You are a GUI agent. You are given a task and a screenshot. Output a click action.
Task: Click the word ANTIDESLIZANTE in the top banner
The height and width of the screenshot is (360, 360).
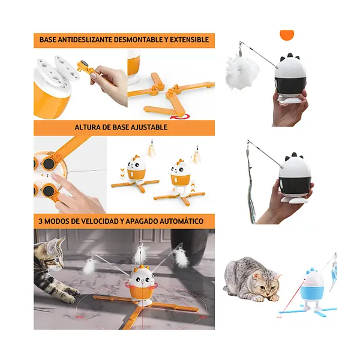(x=85, y=40)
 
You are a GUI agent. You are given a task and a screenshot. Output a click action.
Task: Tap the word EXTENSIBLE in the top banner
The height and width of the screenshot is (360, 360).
(x=189, y=40)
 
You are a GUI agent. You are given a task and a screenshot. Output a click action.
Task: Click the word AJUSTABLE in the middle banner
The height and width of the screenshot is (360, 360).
(x=149, y=127)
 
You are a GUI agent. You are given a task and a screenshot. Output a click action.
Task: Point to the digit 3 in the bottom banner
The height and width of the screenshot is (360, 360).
(x=41, y=221)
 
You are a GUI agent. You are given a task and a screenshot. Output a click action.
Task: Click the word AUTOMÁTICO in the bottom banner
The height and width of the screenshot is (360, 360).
(x=181, y=221)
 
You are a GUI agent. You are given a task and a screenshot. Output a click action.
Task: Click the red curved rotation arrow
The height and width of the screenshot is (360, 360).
(x=180, y=117)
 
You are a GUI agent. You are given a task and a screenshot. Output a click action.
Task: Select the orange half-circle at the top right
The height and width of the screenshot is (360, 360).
(x=287, y=34)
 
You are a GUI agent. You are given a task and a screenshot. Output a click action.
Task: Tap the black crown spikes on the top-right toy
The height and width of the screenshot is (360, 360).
(x=290, y=57)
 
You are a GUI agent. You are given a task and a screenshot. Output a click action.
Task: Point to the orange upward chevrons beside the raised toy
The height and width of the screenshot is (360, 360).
(x=193, y=186)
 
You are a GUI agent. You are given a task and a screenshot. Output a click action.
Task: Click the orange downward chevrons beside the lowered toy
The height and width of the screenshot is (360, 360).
(x=122, y=173)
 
